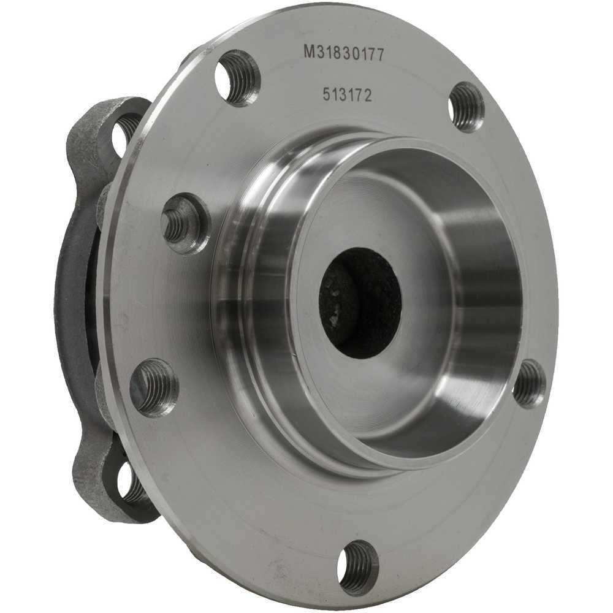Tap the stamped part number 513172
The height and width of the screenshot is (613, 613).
tap(347, 94)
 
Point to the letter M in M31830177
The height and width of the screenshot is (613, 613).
tap(309, 51)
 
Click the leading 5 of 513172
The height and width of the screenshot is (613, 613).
tap(327, 94)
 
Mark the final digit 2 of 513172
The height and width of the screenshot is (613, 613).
tap(367, 96)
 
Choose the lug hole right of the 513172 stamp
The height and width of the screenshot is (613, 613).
tap(466, 107)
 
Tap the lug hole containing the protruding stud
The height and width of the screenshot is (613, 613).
tap(186, 224)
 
